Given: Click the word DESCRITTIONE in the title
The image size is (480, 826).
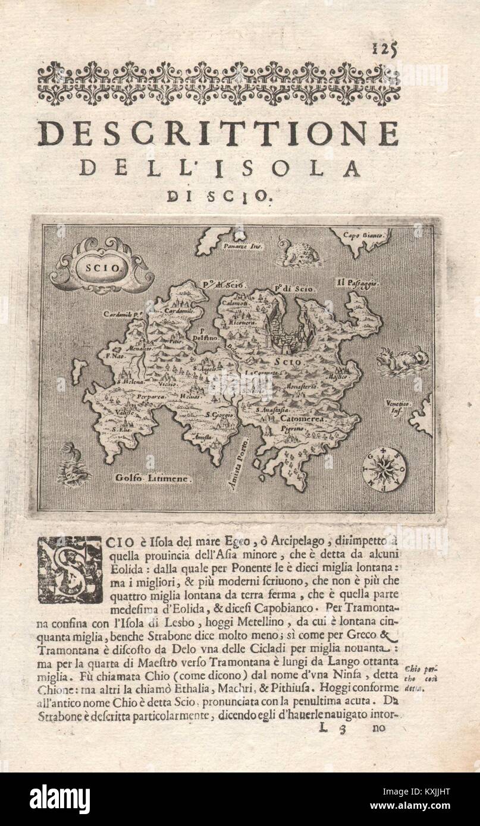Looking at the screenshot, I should [218, 133].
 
